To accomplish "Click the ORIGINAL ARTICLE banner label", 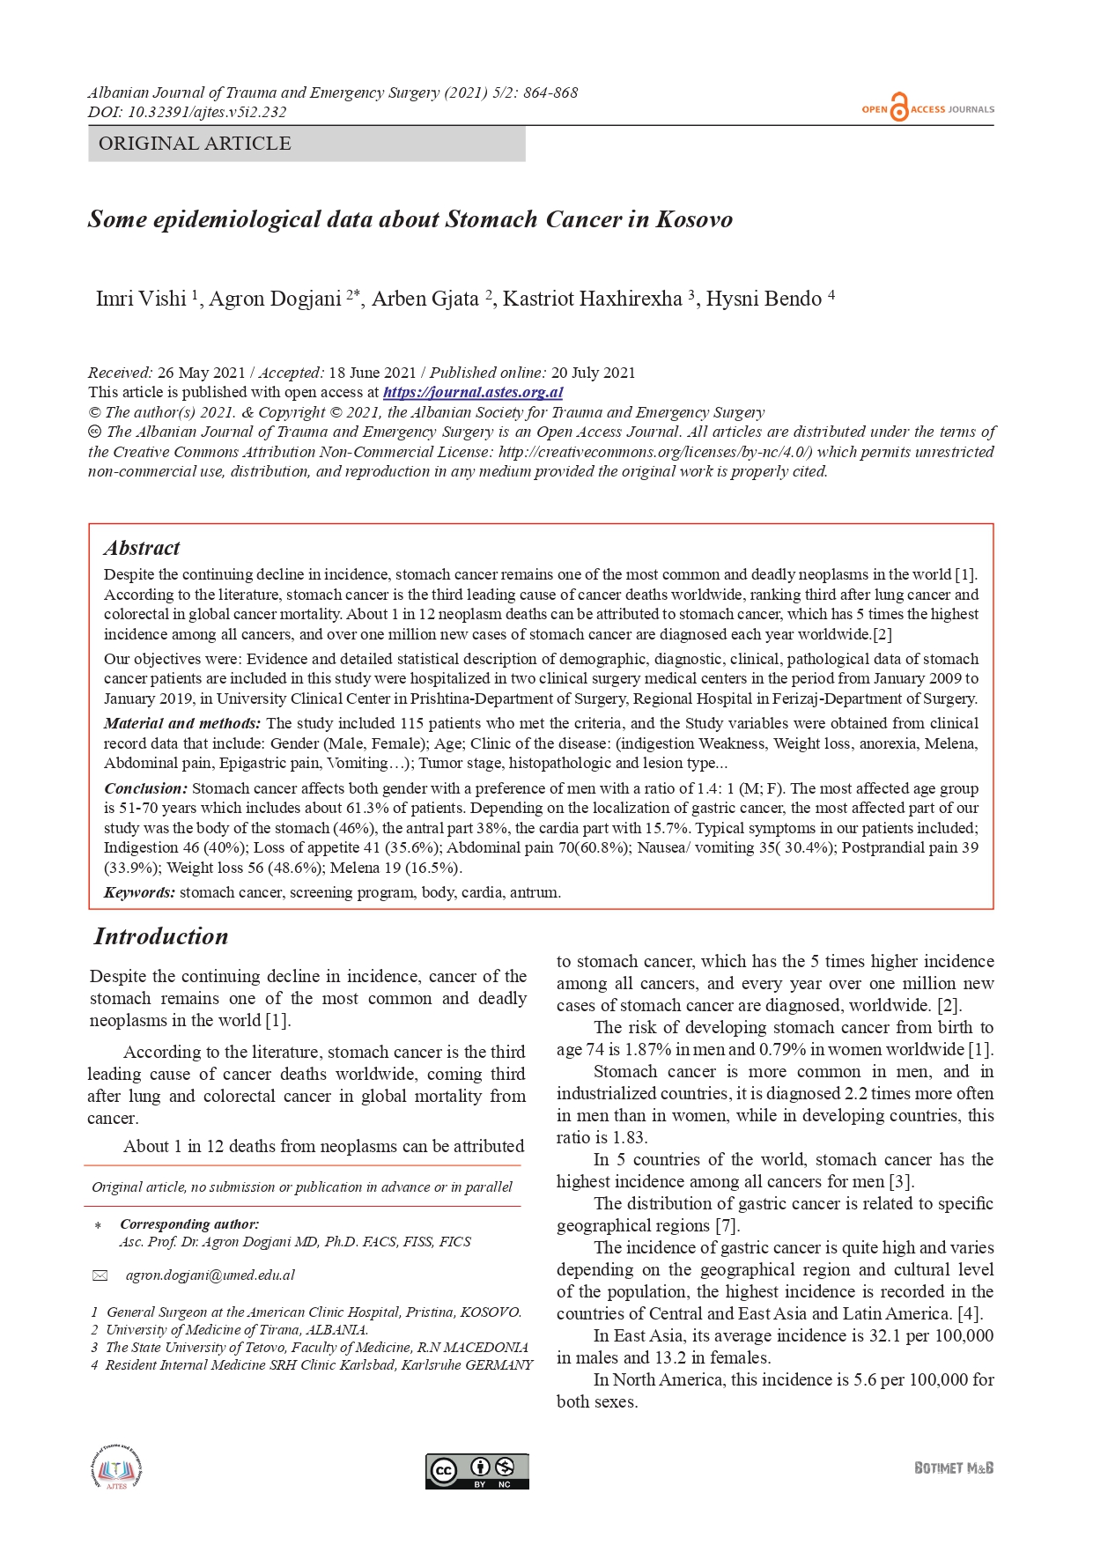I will [x=195, y=144].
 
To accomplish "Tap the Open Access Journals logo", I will [x=927, y=108].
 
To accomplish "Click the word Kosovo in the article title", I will [x=694, y=219].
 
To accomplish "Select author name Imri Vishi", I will [x=141, y=299].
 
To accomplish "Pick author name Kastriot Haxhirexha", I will [x=592, y=299].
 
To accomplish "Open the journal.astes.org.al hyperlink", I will [x=473, y=393].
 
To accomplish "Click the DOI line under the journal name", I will [x=187, y=112].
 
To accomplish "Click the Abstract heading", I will [x=142, y=548].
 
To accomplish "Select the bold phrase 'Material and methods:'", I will [x=182, y=723].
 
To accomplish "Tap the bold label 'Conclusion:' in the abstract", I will [x=145, y=788].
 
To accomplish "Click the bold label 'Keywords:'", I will [x=139, y=892].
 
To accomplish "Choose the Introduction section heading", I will [x=161, y=936].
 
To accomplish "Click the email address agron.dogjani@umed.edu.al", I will [x=210, y=1275].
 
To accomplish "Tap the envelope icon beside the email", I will [x=100, y=1275].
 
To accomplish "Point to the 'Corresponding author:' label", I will [x=189, y=1224].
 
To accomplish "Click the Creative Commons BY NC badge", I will [x=477, y=1471].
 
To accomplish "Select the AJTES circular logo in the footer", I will [x=116, y=1468].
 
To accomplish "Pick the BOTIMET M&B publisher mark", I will [x=954, y=1467].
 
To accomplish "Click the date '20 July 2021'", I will [x=593, y=373].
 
